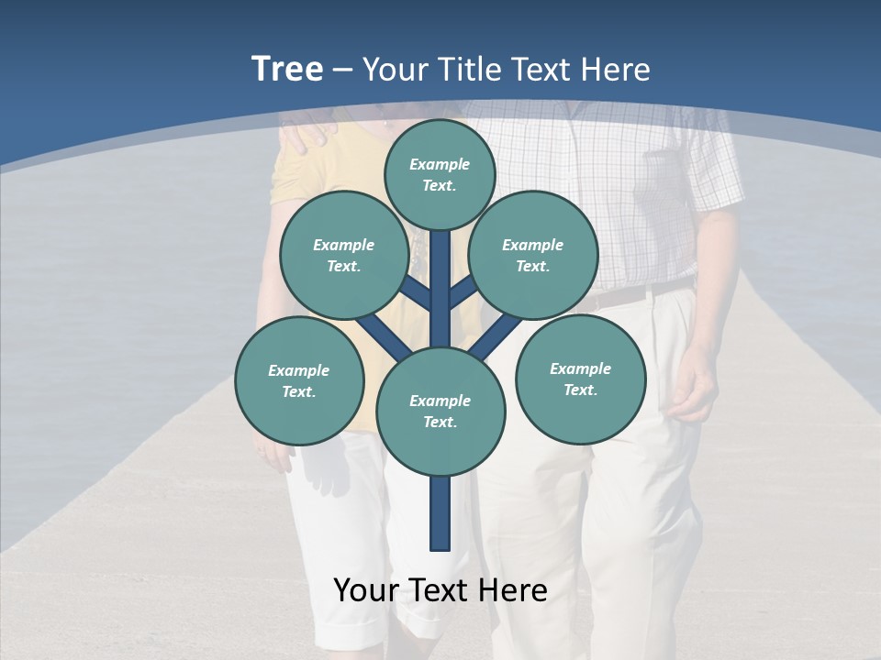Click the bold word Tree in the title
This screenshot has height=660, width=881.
tap(287, 70)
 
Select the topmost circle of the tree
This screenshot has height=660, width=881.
tap(440, 174)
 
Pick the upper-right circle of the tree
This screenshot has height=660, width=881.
tap(533, 255)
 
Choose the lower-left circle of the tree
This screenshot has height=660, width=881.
tap(299, 380)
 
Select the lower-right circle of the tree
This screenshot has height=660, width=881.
tap(580, 379)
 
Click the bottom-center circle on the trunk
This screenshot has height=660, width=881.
tap(440, 411)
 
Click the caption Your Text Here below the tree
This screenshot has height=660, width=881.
tap(440, 590)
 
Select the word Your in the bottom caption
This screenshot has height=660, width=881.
tap(365, 590)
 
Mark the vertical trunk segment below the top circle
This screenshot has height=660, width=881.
tap(440, 275)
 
